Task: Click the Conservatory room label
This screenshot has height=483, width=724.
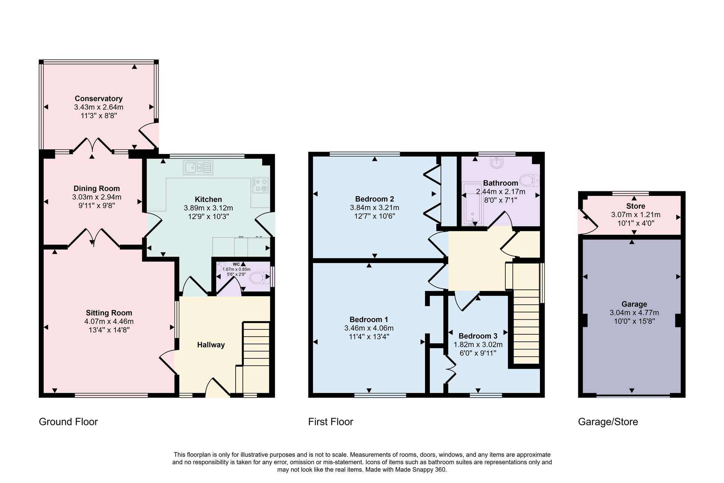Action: pyautogui.click(x=98, y=98)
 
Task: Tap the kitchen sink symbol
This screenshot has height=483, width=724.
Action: pyautogui.click(x=198, y=168)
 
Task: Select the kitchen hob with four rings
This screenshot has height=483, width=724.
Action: pyautogui.click(x=261, y=185)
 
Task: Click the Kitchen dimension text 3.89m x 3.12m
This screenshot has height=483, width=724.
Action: pyautogui.click(x=208, y=208)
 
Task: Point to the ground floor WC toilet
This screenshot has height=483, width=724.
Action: pyautogui.click(x=260, y=278)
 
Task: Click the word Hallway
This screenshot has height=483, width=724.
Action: pyautogui.click(x=211, y=345)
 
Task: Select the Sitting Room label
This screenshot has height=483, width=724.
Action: pyautogui.click(x=109, y=313)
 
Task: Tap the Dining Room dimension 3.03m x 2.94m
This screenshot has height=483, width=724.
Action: pyautogui.click(x=97, y=197)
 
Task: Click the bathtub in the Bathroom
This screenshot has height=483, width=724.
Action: pyautogui.click(x=472, y=204)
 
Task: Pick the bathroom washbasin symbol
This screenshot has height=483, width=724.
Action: pyautogui.click(x=497, y=163)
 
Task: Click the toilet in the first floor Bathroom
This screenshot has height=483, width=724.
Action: pyautogui.click(x=529, y=180)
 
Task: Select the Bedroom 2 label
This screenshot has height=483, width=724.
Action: pyautogui.click(x=374, y=199)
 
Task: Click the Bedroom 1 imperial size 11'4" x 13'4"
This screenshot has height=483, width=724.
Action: pyautogui.click(x=369, y=337)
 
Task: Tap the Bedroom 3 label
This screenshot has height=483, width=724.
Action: pyautogui.click(x=478, y=336)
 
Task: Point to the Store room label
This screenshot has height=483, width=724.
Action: pyautogui.click(x=635, y=206)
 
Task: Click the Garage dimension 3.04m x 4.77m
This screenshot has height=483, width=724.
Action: pyautogui.click(x=634, y=312)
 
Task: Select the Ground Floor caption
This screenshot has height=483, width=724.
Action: pyautogui.click(x=68, y=422)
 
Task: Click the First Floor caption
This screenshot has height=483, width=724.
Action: pyautogui.click(x=331, y=422)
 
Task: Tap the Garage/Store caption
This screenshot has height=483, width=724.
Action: pyautogui.click(x=608, y=422)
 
